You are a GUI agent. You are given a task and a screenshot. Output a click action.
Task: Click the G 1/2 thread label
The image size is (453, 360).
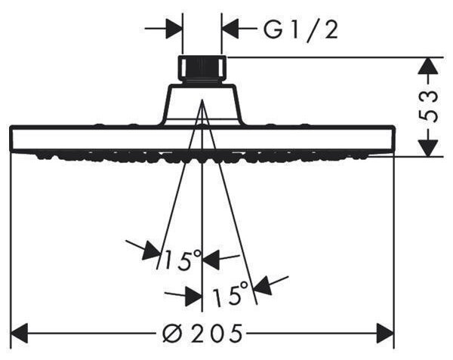click(300, 29)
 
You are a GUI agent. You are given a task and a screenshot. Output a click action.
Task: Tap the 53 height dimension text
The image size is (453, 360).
click(428, 106)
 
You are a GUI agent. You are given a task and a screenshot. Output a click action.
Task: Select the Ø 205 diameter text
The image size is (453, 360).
click(202, 334)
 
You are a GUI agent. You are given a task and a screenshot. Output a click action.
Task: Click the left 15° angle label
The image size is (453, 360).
click(182, 260)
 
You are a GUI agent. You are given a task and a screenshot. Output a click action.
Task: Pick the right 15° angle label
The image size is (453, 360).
click(230, 293)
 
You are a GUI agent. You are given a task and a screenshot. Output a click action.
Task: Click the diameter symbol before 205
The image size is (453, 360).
click(172, 334)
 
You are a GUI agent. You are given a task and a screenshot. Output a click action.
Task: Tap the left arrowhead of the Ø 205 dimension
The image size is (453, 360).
click(19, 334)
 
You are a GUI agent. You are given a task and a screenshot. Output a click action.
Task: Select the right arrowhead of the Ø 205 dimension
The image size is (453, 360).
click(385, 334)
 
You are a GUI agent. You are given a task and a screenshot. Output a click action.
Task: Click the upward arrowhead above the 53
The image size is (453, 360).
click(428, 67)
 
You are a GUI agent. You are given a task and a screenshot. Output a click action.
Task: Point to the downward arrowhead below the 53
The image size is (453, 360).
click(428, 147)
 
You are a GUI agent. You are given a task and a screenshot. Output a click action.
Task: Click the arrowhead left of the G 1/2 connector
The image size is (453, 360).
click(174, 29)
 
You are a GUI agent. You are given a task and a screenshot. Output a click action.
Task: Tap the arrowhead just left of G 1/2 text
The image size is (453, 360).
click(230, 29)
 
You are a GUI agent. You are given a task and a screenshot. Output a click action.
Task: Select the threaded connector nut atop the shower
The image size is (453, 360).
click(202, 69)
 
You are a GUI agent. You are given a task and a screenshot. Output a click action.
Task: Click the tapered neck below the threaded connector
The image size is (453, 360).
click(202, 104)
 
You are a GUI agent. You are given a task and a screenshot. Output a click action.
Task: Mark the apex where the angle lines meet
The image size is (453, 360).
click(202, 100)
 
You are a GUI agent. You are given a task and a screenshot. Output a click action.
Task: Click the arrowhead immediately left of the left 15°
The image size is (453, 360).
click(153, 251)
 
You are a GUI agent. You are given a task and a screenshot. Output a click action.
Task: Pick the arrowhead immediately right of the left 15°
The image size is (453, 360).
click(211, 259)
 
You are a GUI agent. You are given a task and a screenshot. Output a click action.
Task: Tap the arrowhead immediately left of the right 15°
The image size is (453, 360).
click(193, 296)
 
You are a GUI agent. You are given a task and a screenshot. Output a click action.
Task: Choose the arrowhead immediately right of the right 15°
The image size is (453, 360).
click(263, 285)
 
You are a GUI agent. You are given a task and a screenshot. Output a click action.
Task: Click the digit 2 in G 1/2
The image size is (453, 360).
click(330, 29)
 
